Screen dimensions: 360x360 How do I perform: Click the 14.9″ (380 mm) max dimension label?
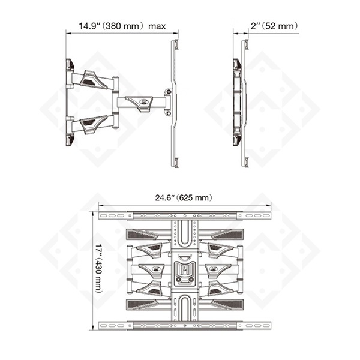coord(122,26)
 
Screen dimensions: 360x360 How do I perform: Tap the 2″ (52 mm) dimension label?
coord(274,26)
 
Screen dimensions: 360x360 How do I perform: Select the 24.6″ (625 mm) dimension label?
coord(184,197)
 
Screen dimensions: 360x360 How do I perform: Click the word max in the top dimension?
coord(157,26)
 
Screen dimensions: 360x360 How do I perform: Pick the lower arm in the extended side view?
coord(93,124)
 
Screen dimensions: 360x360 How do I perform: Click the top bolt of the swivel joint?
coord(169,92)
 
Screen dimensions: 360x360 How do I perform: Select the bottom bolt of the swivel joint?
coord(169,113)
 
